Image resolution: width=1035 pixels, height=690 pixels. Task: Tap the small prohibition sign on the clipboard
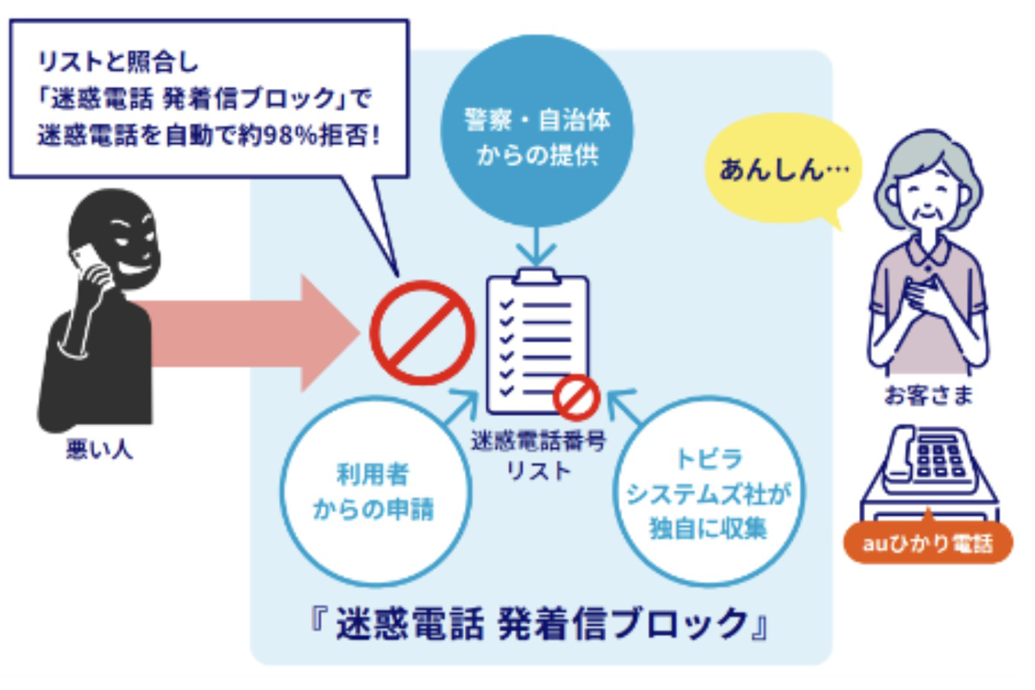575,398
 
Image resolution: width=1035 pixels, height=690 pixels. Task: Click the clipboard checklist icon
536,345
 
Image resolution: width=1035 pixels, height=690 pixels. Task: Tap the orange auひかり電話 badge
927,544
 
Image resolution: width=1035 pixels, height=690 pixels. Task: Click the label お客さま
928,396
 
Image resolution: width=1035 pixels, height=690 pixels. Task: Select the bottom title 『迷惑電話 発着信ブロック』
539,623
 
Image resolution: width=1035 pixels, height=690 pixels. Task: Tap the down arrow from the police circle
536,248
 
